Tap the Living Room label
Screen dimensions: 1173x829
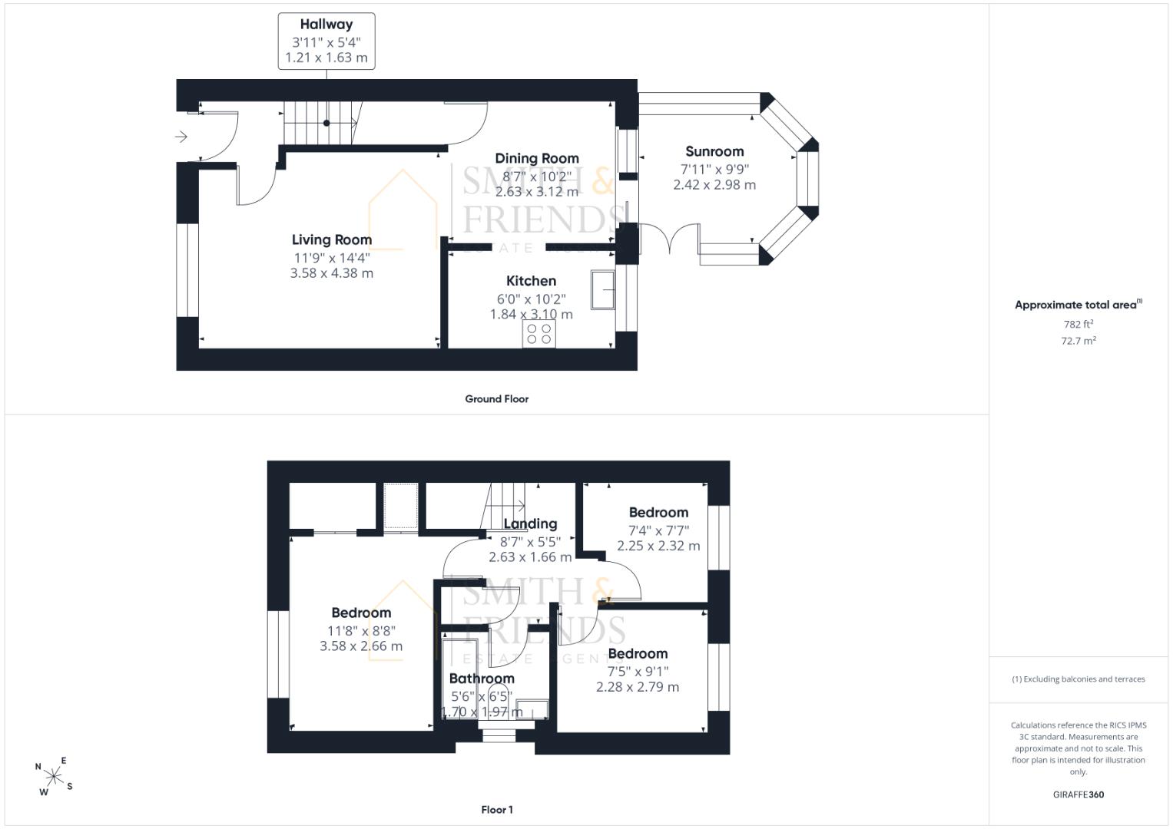[x=332, y=239]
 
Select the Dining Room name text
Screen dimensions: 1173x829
[x=537, y=158]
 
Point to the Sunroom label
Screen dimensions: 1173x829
[x=714, y=151]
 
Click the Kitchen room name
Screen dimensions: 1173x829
[x=531, y=280]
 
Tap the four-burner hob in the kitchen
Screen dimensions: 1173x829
[x=538, y=334]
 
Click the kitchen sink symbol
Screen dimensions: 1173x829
[x=603, y=289]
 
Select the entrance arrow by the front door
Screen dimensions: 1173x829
[x=181, y=137]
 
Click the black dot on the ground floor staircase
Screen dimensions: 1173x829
[x=326, y=123]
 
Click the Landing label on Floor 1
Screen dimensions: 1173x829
[x=530, y=523]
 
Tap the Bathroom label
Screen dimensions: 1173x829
[x=482, y=679]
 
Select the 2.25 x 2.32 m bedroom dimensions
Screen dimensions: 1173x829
[x=658, y=546]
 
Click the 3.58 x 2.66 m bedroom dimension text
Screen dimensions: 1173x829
[x=361, y=646]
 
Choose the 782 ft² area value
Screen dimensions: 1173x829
[x=1079, y=324]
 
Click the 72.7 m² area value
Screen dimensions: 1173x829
[x=1079, y=341]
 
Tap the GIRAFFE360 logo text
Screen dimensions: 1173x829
[x=1079, y=794]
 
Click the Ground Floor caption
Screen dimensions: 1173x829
[x=496, y=399]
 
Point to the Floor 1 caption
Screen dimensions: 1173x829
[x=497, y=810]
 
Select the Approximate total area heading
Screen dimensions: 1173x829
[x=1079, y=305]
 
